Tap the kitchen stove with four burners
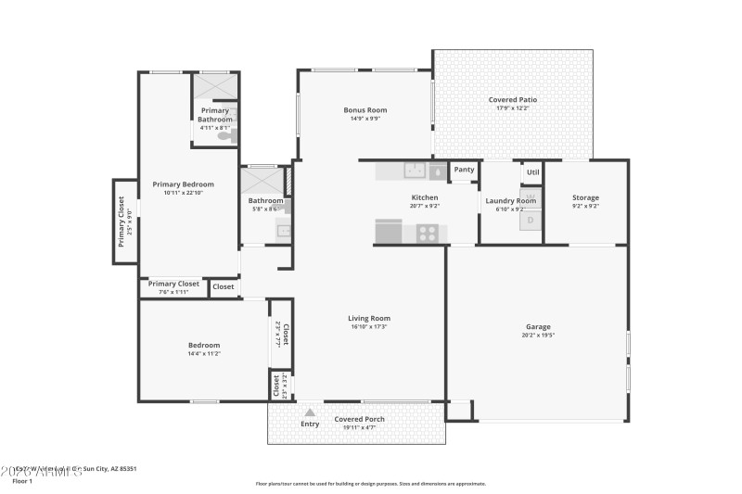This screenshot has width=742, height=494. pos(428,233)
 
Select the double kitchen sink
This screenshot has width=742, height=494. pos(414,171)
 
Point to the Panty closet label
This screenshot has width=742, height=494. pos(464,170)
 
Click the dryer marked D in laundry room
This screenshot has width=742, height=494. pos(531,221)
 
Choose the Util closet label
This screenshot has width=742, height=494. pos(532,172)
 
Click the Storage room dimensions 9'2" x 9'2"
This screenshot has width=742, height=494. pos(585,206)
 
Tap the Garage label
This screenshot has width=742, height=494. pos(538,326)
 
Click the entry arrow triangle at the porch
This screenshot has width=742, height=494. pos(310,412)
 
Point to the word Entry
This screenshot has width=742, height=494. pos(310,424)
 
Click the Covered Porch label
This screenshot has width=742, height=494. pos(360,419)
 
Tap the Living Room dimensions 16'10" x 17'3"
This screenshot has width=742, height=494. pos(368,326)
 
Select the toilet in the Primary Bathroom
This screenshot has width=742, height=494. pos(226,135)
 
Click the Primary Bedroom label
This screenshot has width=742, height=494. pos(183,184)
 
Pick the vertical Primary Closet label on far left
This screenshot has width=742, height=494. pos(121,221)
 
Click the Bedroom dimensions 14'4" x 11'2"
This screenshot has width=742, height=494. pos(204,353)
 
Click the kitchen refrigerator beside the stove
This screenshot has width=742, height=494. pos(389,231)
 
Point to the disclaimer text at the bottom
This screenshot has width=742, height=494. pos(370,483)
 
